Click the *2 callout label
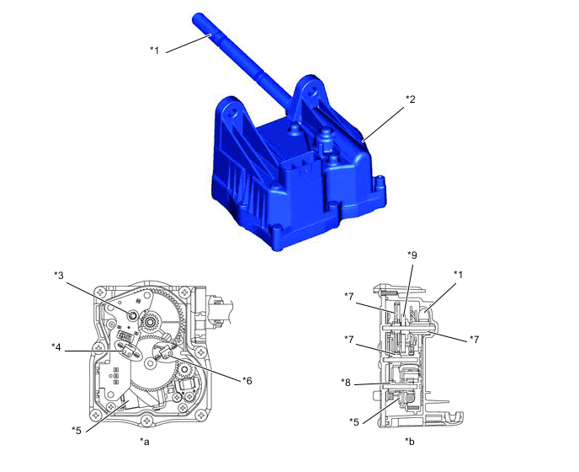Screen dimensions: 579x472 pyautogui.click(x=410, y=99)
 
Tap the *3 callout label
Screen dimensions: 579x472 pyautogui.click(x=59, y=276)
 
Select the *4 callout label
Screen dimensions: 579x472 pyautogui.click(x=56, y=347)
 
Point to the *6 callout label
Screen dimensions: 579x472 pyautogui.click(x=247, y=381)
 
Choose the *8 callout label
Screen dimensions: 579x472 pyautogui.click(x=346, y=383)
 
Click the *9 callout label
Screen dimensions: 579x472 pyautogui.click(x=412, y=255)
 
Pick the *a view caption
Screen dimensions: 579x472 pyautogui.click(x=145, y=442)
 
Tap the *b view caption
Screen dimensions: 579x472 pyautogui.click(x=410, y=442)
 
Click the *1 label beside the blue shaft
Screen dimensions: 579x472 pyautogui.click(x=154, y=50)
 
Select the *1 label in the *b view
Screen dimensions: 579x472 pyautogui.click(x=458, y=275)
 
